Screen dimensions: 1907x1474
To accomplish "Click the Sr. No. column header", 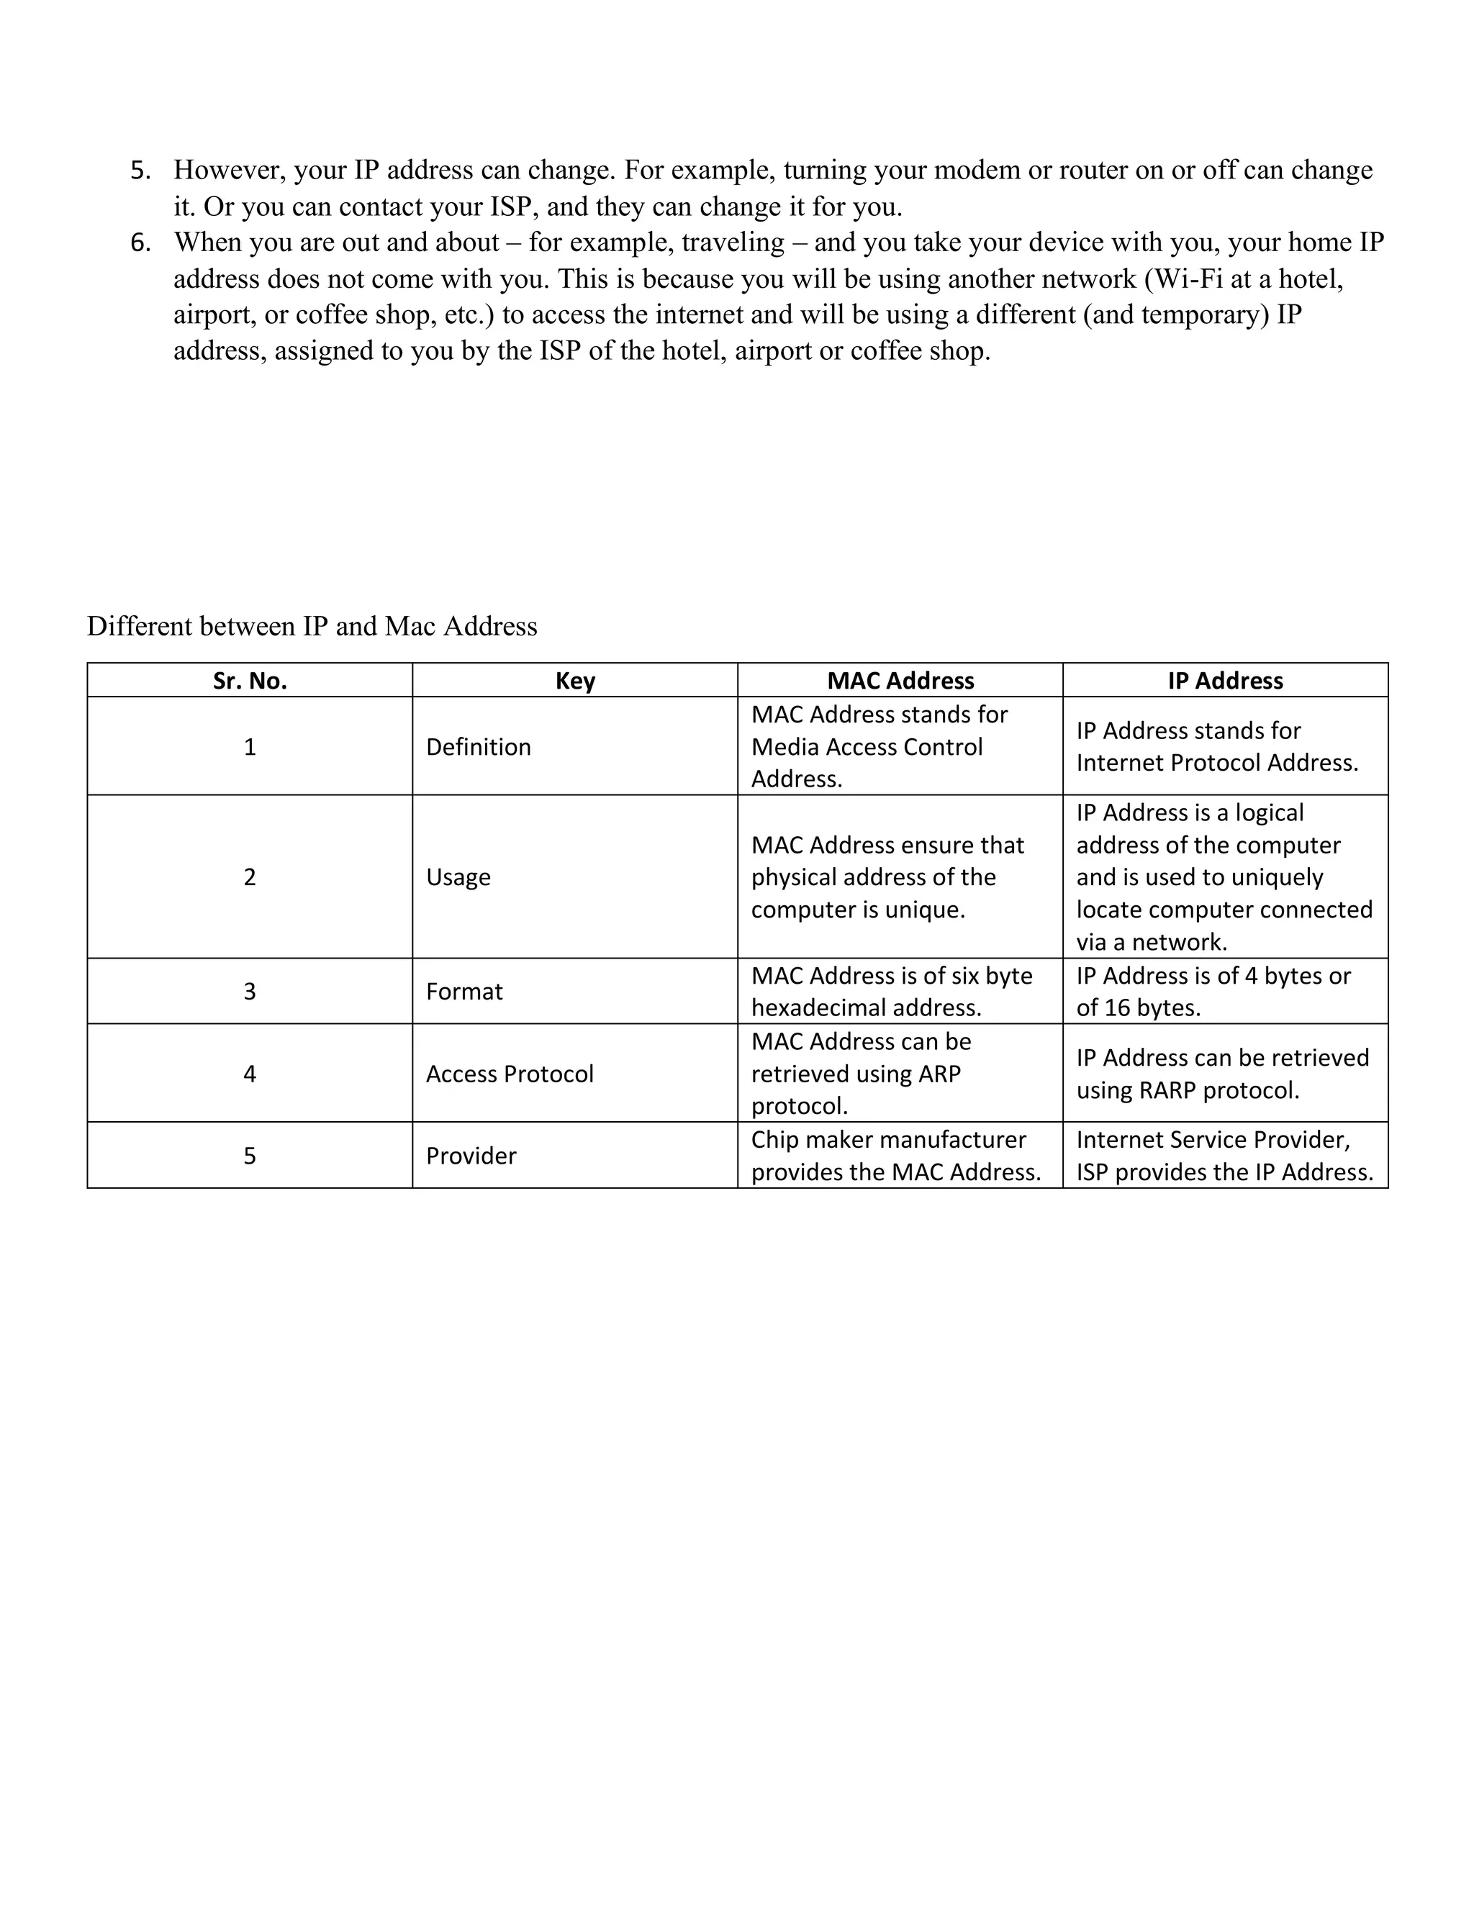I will click(250, 680).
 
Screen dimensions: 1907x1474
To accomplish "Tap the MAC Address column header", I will click(900, 680).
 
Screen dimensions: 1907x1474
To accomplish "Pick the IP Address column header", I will click(1225, 680).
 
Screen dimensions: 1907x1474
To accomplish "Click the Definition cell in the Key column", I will click(478, 746).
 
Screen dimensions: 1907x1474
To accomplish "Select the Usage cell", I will click(458, 877).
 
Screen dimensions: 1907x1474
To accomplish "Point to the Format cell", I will click(464, 991).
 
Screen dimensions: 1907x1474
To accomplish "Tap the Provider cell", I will click(471, 1155).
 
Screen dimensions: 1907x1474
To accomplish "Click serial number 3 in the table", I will click(250, 991).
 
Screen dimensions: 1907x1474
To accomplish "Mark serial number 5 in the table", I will click(250, 1155).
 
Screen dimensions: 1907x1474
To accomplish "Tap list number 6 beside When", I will click(140, 243).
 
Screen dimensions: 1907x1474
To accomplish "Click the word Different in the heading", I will click(139, 626).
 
